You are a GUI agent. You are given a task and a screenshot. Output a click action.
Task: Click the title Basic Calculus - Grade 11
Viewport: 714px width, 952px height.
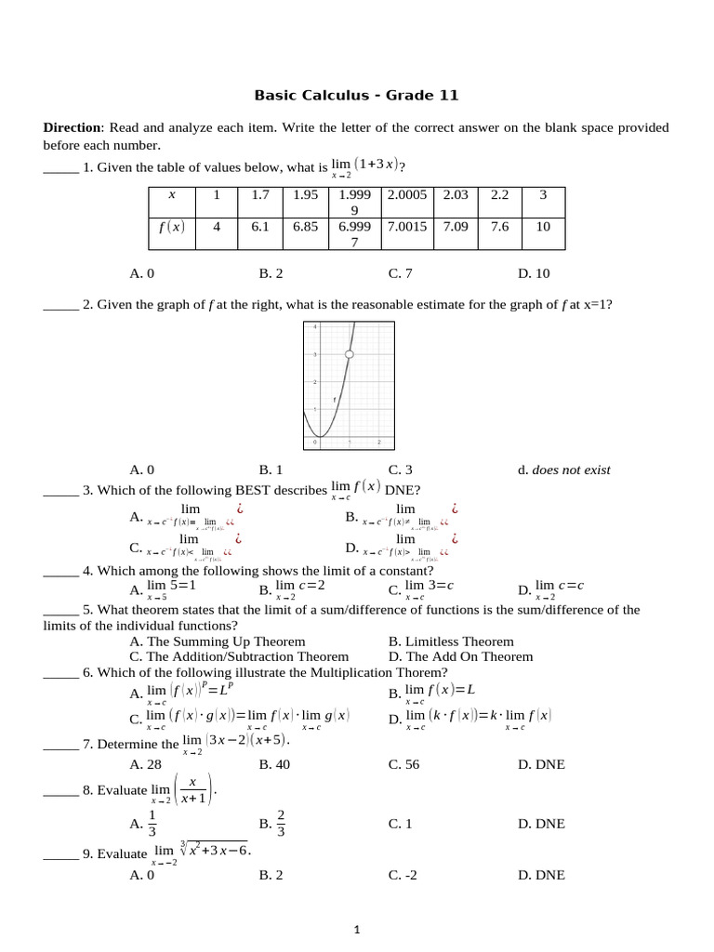coord(356,95)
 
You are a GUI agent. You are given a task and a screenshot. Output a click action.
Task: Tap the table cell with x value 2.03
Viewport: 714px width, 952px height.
coord(456,195)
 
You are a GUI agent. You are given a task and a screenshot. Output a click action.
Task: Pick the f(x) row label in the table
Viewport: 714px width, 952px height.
coord(171,226)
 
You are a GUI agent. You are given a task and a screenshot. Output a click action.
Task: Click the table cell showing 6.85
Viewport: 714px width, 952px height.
coord(306,226)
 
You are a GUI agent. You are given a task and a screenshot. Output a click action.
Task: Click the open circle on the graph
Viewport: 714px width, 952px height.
coord(349,354)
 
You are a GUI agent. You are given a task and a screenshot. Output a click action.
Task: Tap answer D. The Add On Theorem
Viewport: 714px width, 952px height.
coord(460,656)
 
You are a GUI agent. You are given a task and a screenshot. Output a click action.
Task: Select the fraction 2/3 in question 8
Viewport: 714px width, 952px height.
coord(281,824)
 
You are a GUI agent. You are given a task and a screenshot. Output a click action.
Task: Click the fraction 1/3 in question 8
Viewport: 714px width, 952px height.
coord(152,824)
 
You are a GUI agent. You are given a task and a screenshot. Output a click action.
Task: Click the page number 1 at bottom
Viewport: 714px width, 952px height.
coord(357,929)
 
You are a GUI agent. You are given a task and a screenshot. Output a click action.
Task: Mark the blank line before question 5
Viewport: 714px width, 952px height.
coord(60,611)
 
